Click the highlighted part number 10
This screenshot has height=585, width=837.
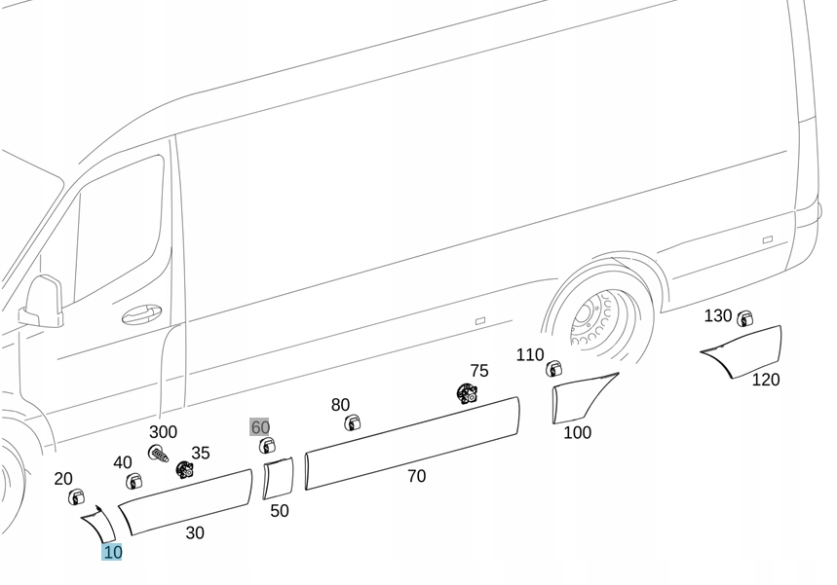click(x=112, y=552)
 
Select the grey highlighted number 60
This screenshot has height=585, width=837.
click(x=260, y=427)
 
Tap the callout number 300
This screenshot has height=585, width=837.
click(x=163, y=432)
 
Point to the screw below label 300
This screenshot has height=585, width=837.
click(x=158, y=453)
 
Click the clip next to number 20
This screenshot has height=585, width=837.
click(x=76, y=497)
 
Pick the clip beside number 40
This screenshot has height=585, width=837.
click(x=133, y=481)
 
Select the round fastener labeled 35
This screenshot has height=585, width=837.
click(x=184, y=469)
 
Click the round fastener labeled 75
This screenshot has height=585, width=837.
click(x=467, y=393)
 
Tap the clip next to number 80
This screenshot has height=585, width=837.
click(x=352, y=422)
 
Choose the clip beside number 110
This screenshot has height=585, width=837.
click(x=553, y=368)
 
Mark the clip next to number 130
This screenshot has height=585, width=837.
click(x=744, y=318)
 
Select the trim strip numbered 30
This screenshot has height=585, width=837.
click(x=185, y=500)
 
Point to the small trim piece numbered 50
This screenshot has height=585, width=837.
click(x=278, y=478)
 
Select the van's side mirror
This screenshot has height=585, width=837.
click(x=42, y=301)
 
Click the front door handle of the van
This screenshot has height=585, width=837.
click(x=142, y=315)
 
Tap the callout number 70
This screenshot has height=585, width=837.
click(x=416, y=476)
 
